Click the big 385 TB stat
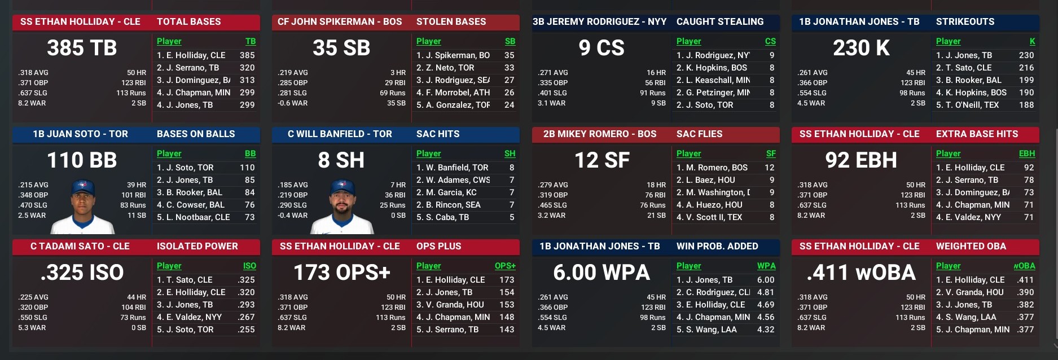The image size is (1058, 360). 82,48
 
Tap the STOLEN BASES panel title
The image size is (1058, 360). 451,21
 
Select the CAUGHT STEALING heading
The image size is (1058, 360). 719,21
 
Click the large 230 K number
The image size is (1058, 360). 861,48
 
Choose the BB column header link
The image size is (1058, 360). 250,153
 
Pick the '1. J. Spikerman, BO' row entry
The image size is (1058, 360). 453,55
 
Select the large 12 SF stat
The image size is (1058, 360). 602,160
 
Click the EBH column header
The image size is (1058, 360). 1026,153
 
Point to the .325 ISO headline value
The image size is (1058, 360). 82,273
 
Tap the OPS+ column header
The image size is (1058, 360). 504,266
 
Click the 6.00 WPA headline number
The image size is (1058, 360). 602,273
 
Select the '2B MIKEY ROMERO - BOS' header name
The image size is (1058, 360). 599,134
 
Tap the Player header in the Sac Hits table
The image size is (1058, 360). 428,153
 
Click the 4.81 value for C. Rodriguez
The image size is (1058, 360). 765,292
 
